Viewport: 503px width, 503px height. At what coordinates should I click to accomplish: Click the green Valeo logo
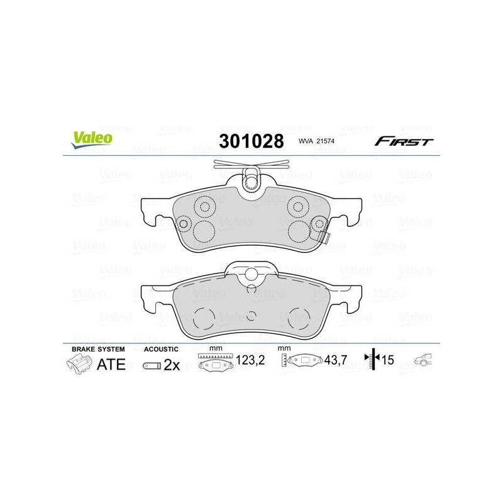[x=92, y=140]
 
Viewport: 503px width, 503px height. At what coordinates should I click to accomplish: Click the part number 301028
[x=251, y=141]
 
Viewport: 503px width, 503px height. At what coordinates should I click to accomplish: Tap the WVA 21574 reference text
[x=316, y=141]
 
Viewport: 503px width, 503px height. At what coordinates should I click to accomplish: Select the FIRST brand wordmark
[x=404, y=141]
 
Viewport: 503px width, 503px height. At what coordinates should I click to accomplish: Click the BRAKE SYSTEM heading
[x=98, y=349]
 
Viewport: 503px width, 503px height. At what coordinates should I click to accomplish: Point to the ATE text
[x=111, y=365]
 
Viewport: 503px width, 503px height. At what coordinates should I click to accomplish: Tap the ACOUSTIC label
[x=161, y=349]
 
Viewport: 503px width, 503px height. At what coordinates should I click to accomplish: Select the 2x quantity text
[x=172, y=365]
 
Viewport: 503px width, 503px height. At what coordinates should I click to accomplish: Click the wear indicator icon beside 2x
[x=152, y=366]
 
